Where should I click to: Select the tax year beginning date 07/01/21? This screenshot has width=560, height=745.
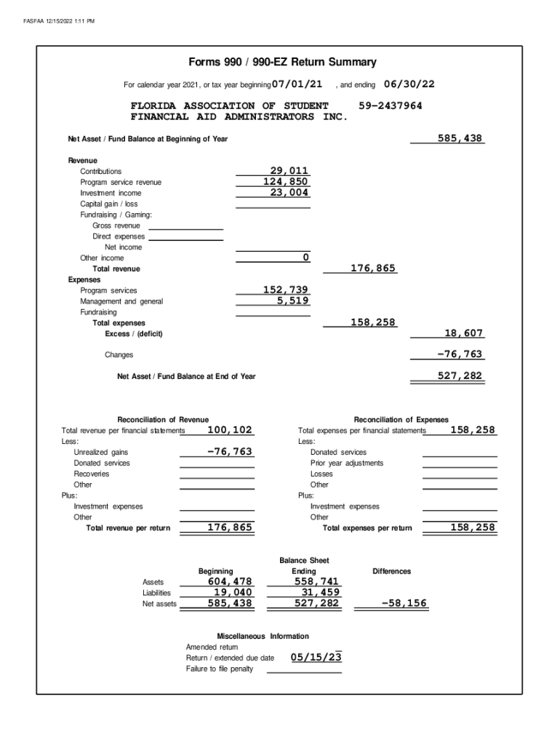297,84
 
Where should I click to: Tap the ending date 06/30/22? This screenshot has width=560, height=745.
409,84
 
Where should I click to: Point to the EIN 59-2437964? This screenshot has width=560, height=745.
391,105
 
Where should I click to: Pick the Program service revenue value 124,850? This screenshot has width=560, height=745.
286,182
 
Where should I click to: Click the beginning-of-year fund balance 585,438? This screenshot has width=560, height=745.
460,138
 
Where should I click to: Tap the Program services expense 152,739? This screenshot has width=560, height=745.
286,290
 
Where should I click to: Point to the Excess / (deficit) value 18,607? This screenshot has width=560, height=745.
463,333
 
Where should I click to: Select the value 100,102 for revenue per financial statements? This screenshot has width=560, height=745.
230,430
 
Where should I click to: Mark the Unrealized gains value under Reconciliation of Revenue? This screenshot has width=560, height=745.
230,452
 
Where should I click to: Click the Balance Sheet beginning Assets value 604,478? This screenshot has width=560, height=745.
230,581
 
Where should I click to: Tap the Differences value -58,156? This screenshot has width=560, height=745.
404,603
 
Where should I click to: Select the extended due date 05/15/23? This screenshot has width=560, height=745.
316,657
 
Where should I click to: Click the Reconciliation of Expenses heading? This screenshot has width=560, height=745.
401,419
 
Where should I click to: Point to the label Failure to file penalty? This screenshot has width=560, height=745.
220,669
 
